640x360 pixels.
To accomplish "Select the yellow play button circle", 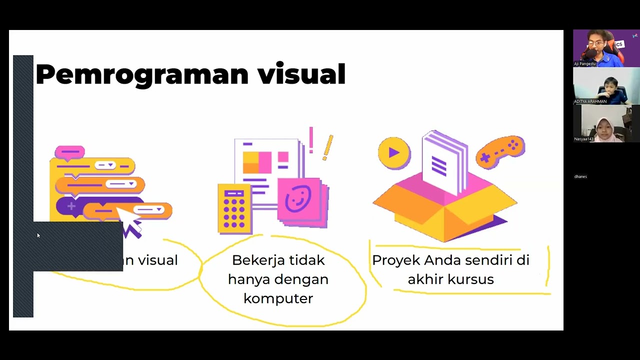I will coord(394,152).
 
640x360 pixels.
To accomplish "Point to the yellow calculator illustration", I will coord(234,208).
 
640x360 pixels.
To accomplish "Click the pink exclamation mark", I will coord(311,139).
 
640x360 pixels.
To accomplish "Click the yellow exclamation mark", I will coord(327,147).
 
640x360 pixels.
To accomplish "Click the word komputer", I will coord(278,298).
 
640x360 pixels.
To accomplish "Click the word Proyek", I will coord(396,260).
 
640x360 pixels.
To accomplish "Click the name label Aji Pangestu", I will coord(585,64).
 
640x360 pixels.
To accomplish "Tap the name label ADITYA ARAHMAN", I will coord(590,101).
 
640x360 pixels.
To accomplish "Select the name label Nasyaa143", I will coord(584,139).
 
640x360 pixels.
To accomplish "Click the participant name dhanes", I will coord(580,176).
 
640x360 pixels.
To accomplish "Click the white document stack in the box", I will coord(443,162).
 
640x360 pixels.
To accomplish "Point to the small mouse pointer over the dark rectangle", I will coord(38,235).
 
